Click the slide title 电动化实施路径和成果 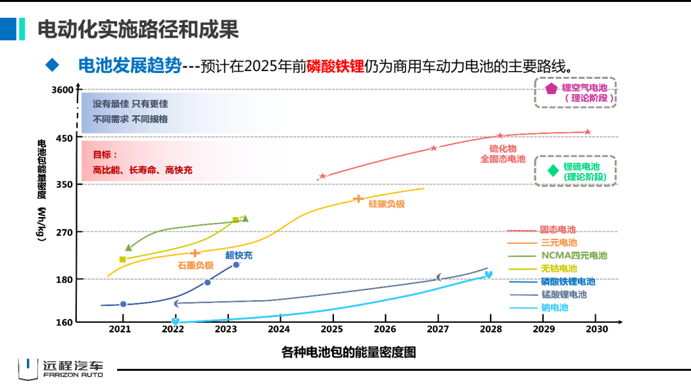click(x=138, y=29)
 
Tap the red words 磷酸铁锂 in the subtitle click(x=335, y=66)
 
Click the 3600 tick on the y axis click(x=63, y=90)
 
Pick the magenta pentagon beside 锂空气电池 click(x=551, y=89)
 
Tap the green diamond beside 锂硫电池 click(x=553, y=170)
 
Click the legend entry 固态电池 click(x=557, y=229)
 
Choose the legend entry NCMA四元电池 click(x=573, y=256)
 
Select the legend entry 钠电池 click(x=554, y=307)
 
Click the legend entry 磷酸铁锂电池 click(x=568, y=281)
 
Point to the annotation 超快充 click(x=239, y=255)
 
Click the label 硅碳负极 click(x=386, y=204)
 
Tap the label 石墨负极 click(x=195, y=264)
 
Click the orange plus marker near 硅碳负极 click(x=358, y=199)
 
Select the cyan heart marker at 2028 click(x=488, y=275)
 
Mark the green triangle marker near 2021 click(x=129, y=247)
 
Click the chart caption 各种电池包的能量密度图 click(x=349, y=352)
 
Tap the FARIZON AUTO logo click(x=60, y=369)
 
